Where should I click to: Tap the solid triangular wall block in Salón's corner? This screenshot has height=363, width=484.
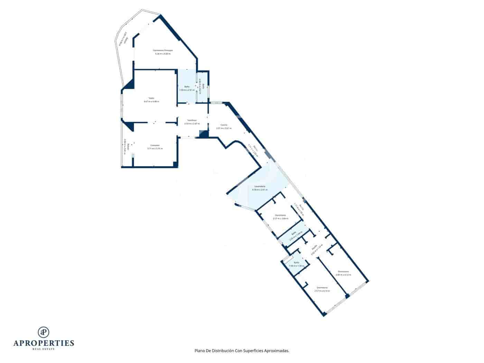pyautogui.click(x=130, y=84)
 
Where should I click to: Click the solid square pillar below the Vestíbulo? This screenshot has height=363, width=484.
pyautogui.click(x=203, y=134)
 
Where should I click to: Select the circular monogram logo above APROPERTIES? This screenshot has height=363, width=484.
pyautogui.click(x=44, y=332)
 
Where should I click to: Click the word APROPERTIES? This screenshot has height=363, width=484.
pyautogui.click(x=44, y=343)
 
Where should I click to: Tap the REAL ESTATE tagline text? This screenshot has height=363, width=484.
pyautogui.click(x=44, y=349)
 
